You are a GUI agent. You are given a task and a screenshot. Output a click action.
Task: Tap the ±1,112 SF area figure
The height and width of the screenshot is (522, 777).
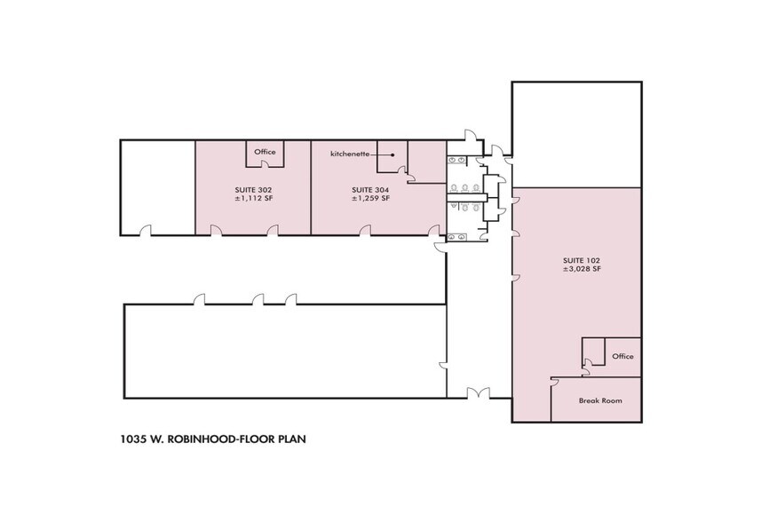pyautogui.click(x=252, y=199)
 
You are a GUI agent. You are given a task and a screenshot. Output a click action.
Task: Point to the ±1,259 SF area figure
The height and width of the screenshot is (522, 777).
pyautogui.click(x=370, y=199)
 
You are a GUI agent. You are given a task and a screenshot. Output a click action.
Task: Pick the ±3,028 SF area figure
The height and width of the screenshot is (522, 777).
pyautogui.click(x=582, y=269)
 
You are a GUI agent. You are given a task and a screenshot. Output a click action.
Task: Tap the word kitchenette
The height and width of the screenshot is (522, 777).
pyautogui.click(x=349, y=154)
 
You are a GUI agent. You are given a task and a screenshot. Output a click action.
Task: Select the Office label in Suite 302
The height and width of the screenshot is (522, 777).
pyautogui.click(x=266, y=152)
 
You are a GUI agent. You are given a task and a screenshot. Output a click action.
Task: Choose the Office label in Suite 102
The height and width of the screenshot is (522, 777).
pyautogui.click(x=622, y=356)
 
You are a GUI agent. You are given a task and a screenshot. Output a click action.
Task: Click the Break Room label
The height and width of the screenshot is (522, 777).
pyautogui.click(x=599, y=400)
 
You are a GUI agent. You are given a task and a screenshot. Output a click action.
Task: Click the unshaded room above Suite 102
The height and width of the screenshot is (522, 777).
pyautogui.click(x=576, y=134)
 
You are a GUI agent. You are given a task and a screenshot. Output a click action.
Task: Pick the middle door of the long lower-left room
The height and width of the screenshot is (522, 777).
pyautogui.click(x=258, y=300)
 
